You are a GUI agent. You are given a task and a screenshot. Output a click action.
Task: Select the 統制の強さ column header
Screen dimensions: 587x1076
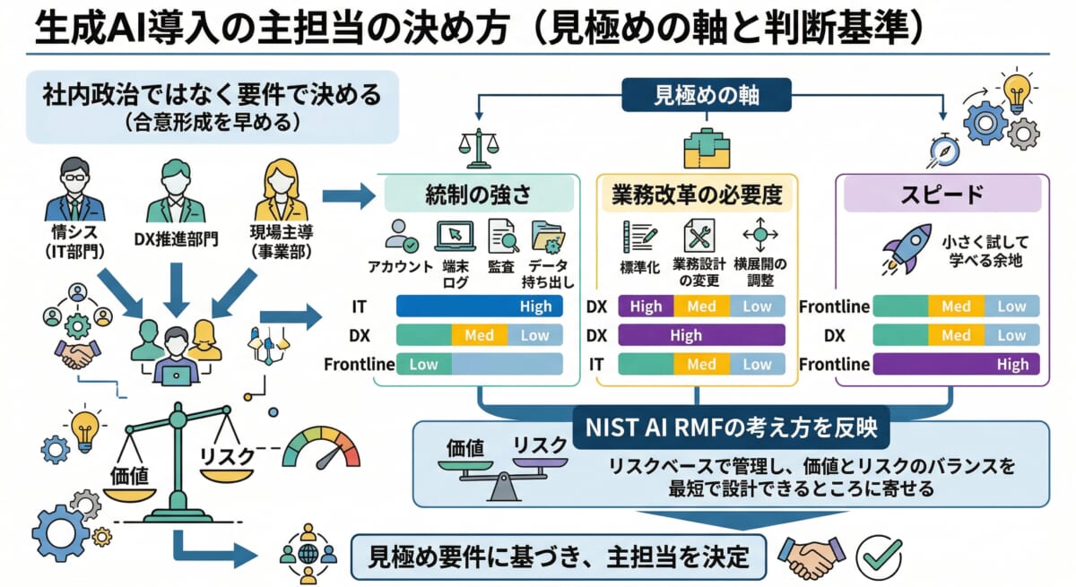(x=479, y=193)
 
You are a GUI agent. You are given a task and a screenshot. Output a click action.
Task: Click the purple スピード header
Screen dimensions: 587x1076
(x=942, y=193)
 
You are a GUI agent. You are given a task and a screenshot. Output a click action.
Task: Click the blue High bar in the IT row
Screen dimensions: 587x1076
(x=480, y=306)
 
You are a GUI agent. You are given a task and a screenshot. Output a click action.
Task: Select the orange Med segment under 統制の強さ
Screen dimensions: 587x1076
(x=479, y=335)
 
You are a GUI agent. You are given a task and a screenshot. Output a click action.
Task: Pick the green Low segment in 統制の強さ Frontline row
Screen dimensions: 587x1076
(x=423, y=365)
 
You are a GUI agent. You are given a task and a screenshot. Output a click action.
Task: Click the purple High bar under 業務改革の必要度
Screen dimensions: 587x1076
(x=701, y=335)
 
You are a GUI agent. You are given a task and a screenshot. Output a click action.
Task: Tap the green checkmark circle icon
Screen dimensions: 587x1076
(x=879, y=557)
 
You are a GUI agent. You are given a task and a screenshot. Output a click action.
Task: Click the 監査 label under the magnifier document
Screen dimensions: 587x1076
(x=502, y=266)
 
